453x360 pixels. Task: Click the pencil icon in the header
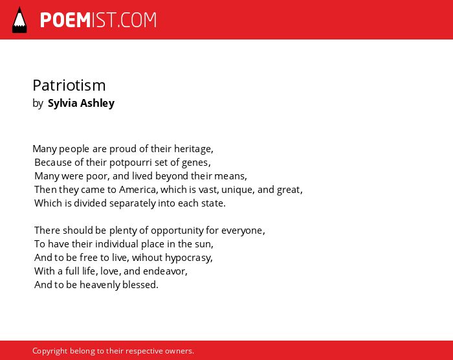pyautogui.click(x=19, y=19)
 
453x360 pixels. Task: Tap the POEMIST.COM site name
pyautogui.click(x=98, y=20)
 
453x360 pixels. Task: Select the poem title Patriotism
pyautogui.click(x=69, y=85)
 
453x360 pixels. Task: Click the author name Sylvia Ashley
pyautogui.click(x=81, y=103)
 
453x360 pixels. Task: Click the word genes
pyautogui.click(x=196, y=163)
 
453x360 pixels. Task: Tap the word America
pyautogui.click(x=138, y=190)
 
